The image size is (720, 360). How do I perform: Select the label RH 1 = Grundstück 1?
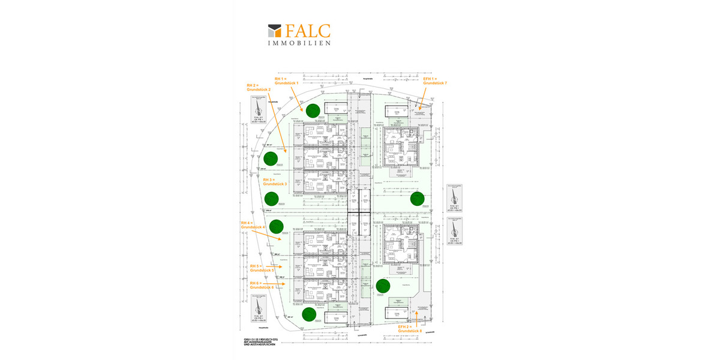[x=287, y=80]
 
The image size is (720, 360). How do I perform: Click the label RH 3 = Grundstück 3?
[x=275, y=182]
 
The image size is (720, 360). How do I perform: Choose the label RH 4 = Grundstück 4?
[x=253, y=225]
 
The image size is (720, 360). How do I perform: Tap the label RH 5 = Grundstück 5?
[x=262, y=268]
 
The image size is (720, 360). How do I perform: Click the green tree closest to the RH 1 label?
[x=312, y=110]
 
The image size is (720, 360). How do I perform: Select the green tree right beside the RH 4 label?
[x=276, y=227]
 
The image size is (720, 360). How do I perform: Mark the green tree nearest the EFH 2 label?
[x=382, y=286]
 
